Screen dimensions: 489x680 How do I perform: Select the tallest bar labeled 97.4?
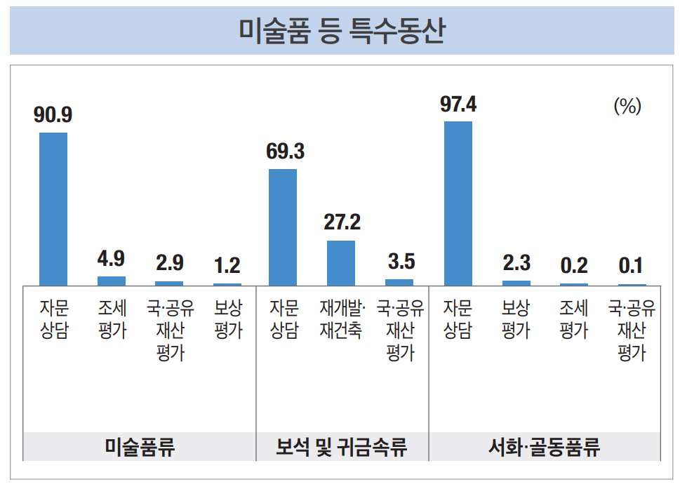458,203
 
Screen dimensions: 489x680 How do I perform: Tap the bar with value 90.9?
53,208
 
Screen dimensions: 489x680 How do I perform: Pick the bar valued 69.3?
283,227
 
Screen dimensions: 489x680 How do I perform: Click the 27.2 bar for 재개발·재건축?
341,262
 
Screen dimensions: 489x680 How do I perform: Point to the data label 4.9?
111,259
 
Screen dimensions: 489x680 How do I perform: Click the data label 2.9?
169,263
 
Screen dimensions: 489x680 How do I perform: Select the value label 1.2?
227,265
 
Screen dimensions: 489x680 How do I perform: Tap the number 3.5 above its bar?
401,262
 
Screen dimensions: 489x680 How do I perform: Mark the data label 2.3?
516,263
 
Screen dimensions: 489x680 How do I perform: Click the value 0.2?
574,266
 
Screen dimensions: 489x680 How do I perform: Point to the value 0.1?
631,267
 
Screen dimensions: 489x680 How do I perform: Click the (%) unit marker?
627,107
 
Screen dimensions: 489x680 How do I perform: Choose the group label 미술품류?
139,447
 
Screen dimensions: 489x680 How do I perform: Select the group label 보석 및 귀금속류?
342,447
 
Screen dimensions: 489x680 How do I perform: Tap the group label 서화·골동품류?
544,447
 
